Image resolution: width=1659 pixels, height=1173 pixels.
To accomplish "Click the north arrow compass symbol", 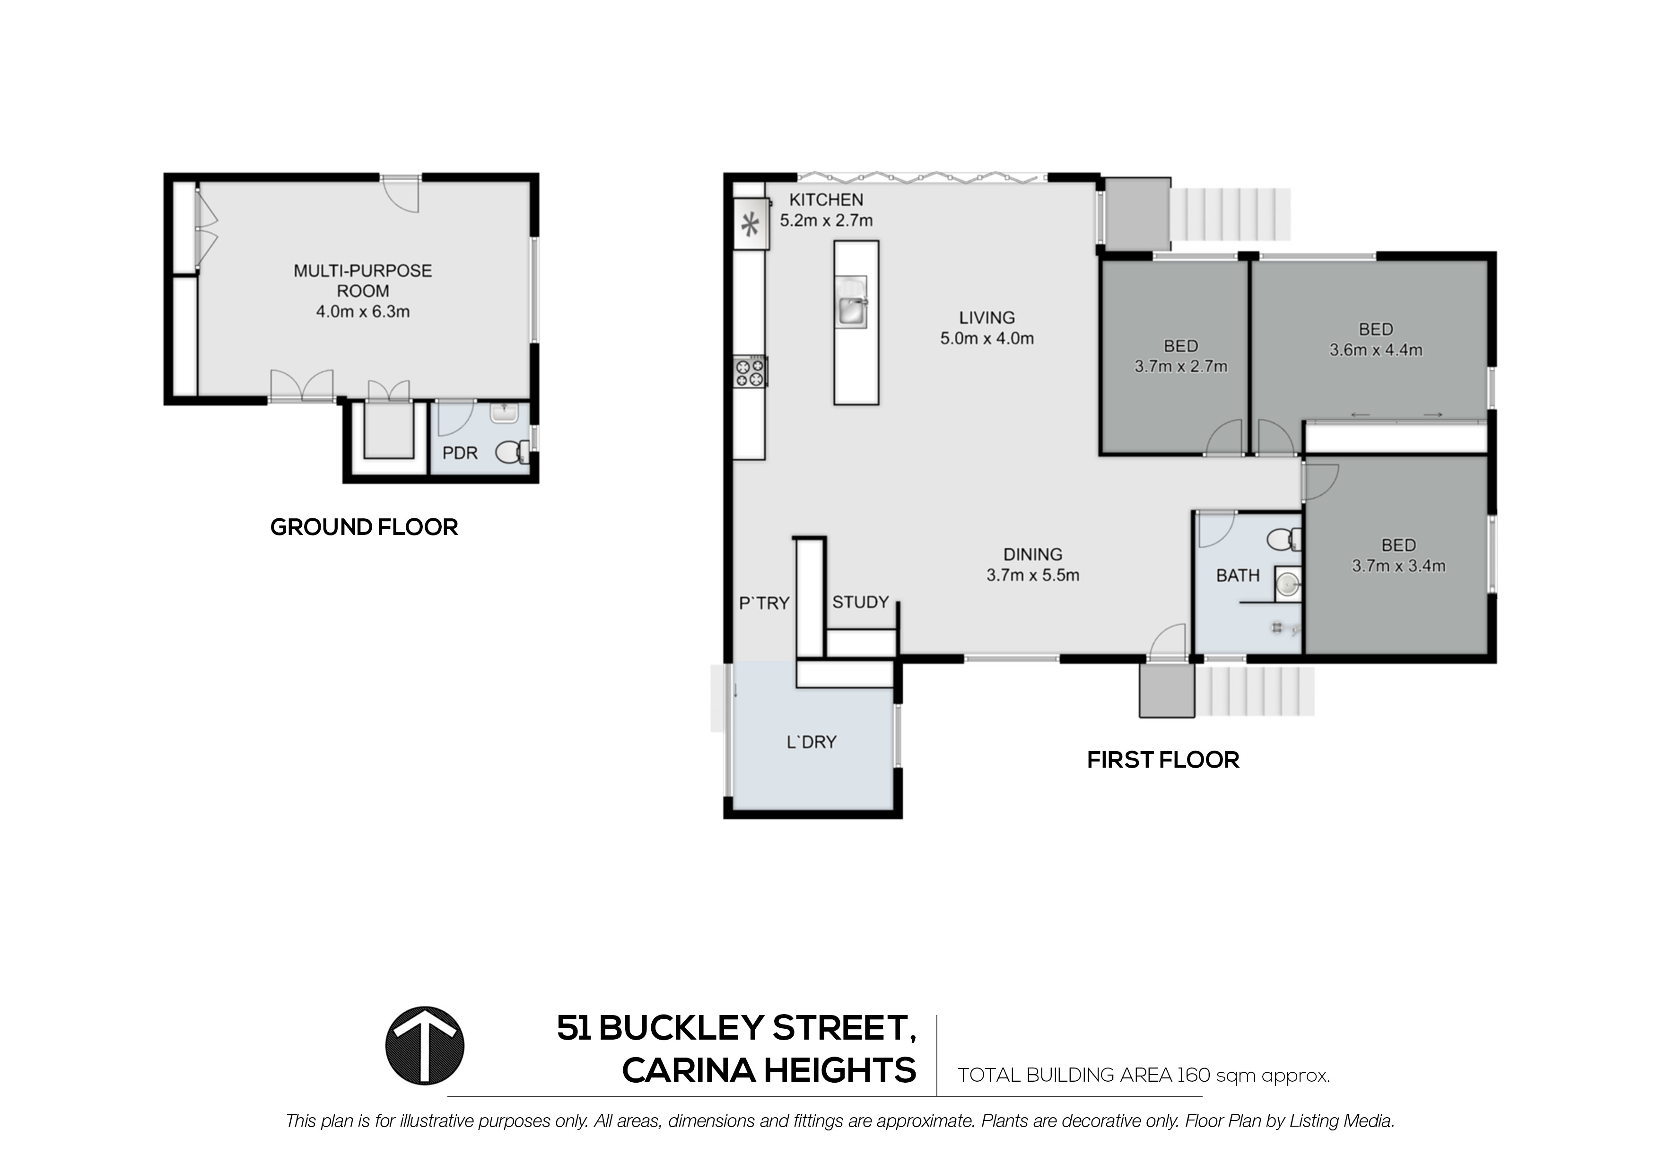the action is click(425, 1045).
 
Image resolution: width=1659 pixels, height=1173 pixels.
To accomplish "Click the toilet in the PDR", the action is click(512, 453).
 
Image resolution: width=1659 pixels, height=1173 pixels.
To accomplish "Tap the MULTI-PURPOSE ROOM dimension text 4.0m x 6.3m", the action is click(363, 312).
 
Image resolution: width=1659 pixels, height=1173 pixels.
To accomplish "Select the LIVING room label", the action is click(987, 317).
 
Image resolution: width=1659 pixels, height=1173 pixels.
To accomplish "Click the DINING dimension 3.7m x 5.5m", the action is click(1032, 575).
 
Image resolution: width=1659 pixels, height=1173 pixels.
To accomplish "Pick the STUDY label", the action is click(860, 602).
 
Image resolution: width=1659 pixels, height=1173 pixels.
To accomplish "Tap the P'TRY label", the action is click(764, 603).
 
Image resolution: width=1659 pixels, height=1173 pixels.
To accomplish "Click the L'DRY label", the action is click(811, 742).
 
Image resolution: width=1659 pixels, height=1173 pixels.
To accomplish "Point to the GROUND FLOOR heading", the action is click(364, 527).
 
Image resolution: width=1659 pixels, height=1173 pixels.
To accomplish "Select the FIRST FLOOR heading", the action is click(1162, 760).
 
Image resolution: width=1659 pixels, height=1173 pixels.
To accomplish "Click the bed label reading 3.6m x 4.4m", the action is click(1376, 350).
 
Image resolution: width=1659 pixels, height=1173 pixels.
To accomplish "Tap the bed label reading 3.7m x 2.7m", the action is click(1181, 367).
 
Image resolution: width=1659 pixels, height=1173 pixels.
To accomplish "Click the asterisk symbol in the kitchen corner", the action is click(751, 226).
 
